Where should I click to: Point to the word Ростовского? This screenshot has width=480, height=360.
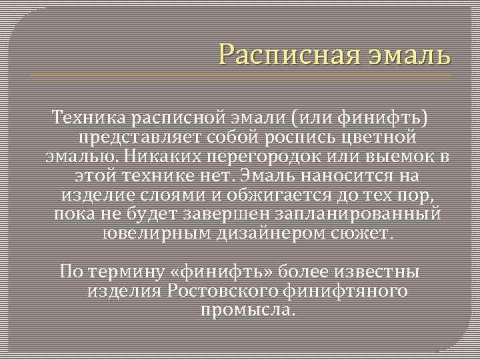pos(225,291)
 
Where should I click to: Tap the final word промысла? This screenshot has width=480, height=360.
pos(247,311)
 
